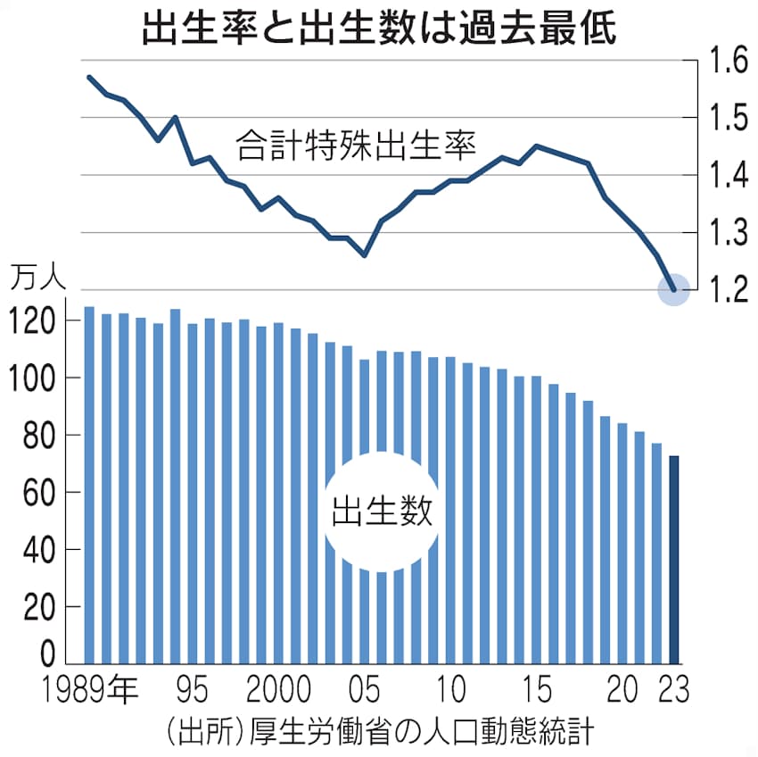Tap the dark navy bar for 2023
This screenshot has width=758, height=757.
[674, 560]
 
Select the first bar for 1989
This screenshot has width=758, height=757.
[89, 486]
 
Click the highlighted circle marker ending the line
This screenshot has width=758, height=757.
[674, 289]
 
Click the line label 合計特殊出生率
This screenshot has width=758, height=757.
[356, 146]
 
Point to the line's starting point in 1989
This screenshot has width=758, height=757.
[89, 77]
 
